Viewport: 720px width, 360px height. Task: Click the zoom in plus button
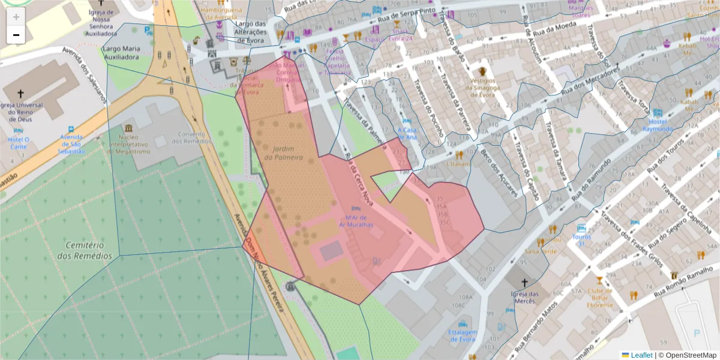[16, 16]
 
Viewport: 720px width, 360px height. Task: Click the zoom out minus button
[16, 35]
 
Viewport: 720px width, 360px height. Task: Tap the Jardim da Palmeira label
[284, 153]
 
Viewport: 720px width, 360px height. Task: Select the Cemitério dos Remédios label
[85, 251]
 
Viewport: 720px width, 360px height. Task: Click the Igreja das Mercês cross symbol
[524, 283]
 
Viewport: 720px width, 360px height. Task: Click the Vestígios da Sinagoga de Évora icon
[482, 71]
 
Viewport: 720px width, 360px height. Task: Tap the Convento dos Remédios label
[191, 137]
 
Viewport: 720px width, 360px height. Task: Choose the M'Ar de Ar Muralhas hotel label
[356, 221]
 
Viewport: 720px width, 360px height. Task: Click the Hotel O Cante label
[18, 143]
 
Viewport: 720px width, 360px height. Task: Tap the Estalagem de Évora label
[462, 335]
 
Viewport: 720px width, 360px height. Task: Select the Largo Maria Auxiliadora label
[121, 52]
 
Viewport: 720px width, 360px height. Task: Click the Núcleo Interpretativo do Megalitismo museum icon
[128, 128]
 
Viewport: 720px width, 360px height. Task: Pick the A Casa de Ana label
[407, 133]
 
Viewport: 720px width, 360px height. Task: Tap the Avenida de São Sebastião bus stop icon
[71, 130]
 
